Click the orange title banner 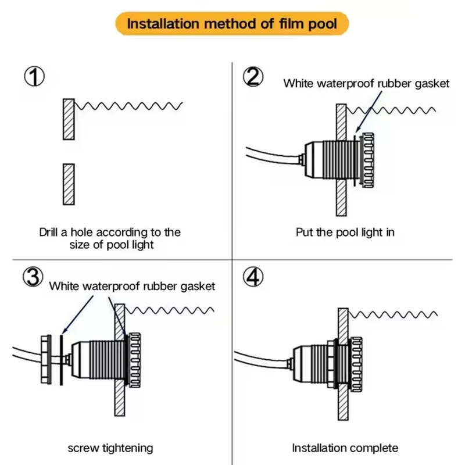(232, 23)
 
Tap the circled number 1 (34, 76)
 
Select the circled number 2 (253, 77)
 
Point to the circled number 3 (33, 277)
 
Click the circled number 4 (253, 277)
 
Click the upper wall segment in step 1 (69, 119)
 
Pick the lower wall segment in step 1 (69, 184)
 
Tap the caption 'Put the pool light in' (345, 232)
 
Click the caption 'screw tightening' (110, 448)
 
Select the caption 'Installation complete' (345, 448)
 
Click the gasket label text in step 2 (366, 83)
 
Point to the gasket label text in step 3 (132, 286)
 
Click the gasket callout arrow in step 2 (369, 112)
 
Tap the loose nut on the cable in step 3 (46, 359)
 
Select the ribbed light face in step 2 (368, 160)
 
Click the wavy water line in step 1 (128, 106)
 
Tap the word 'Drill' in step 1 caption (48, 232)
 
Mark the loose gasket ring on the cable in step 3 (62, 360)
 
